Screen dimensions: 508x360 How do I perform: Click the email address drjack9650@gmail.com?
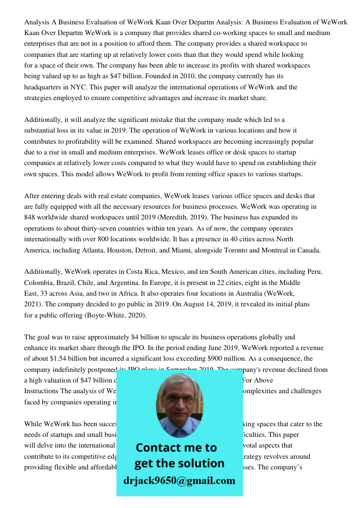click(x=179, y=480)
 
